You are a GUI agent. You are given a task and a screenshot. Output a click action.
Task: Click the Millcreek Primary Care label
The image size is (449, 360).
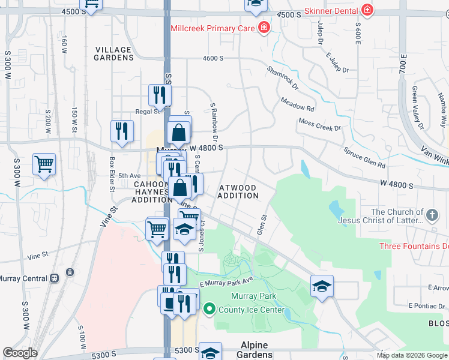(x=212, y=28)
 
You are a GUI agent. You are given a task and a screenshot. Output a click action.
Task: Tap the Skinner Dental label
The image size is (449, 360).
(x=331, y=11)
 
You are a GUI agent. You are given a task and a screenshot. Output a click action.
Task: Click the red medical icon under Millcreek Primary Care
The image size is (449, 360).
(x=263, y=28)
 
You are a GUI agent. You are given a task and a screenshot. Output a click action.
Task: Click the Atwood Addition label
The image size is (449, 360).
(x=238, y=191)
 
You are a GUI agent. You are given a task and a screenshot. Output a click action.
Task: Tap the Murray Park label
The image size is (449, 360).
(x=254, y=296)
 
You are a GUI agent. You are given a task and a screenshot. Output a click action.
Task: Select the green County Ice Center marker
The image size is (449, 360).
(x=209, y=310)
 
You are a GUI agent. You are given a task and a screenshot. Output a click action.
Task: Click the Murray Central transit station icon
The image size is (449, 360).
(x=55, y=278)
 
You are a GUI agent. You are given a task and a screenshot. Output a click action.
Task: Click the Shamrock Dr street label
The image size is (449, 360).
(x=283, y=78)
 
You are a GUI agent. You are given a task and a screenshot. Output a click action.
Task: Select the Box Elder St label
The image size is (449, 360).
(x=112, y=174)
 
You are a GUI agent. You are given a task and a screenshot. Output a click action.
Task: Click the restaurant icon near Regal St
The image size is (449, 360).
(x=160, y=94)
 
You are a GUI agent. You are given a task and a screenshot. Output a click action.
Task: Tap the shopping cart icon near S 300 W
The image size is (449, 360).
(x=44, y=164)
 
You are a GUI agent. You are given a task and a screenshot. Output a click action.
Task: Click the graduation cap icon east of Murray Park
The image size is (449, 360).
(x=322, y=286)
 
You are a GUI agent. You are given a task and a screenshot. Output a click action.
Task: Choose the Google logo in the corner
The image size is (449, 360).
(x=20, y=353)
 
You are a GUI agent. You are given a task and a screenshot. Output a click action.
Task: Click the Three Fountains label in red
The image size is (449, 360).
(x=414, y=246)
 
